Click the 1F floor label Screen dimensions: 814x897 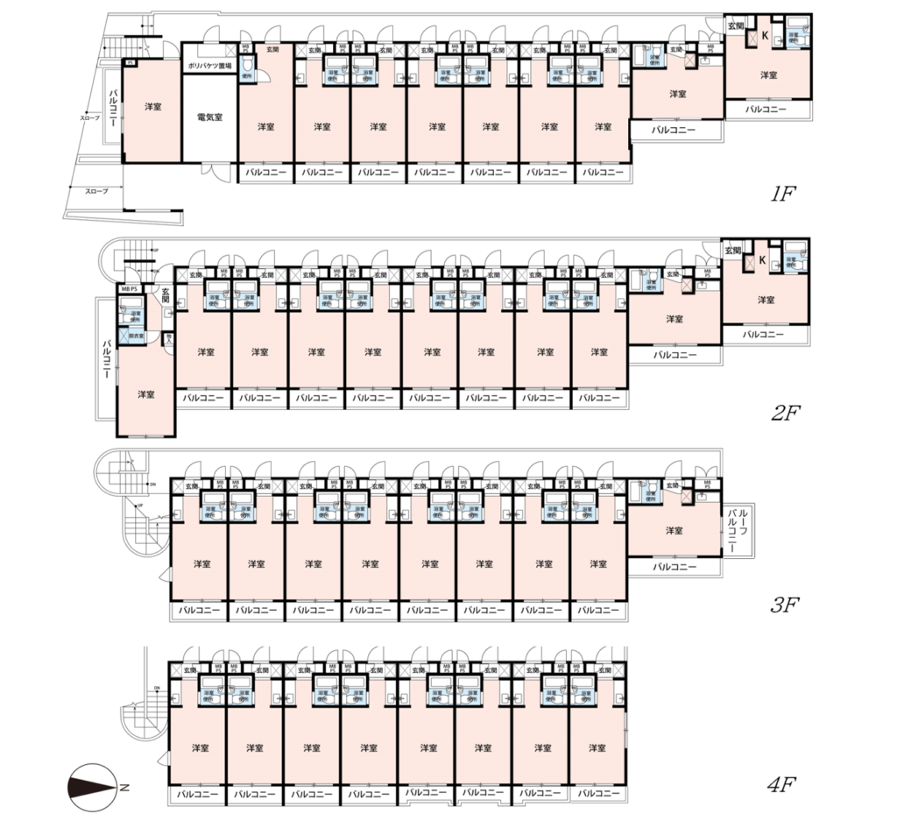coord(782,195)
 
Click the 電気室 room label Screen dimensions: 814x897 coord(209,117)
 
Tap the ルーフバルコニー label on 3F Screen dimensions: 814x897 coord(732,532)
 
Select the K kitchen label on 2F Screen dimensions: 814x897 coord(762,260)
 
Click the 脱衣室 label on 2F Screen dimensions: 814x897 coord(135,336)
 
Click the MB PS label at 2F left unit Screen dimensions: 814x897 coord(129,288)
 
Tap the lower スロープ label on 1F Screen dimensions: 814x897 coord(95,190)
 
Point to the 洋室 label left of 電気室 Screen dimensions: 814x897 coord(152,107)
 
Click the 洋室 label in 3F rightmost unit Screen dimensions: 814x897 coord(673,530)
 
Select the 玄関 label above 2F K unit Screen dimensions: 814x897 coord(732,251)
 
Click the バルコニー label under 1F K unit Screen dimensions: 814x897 coord(766,110)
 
